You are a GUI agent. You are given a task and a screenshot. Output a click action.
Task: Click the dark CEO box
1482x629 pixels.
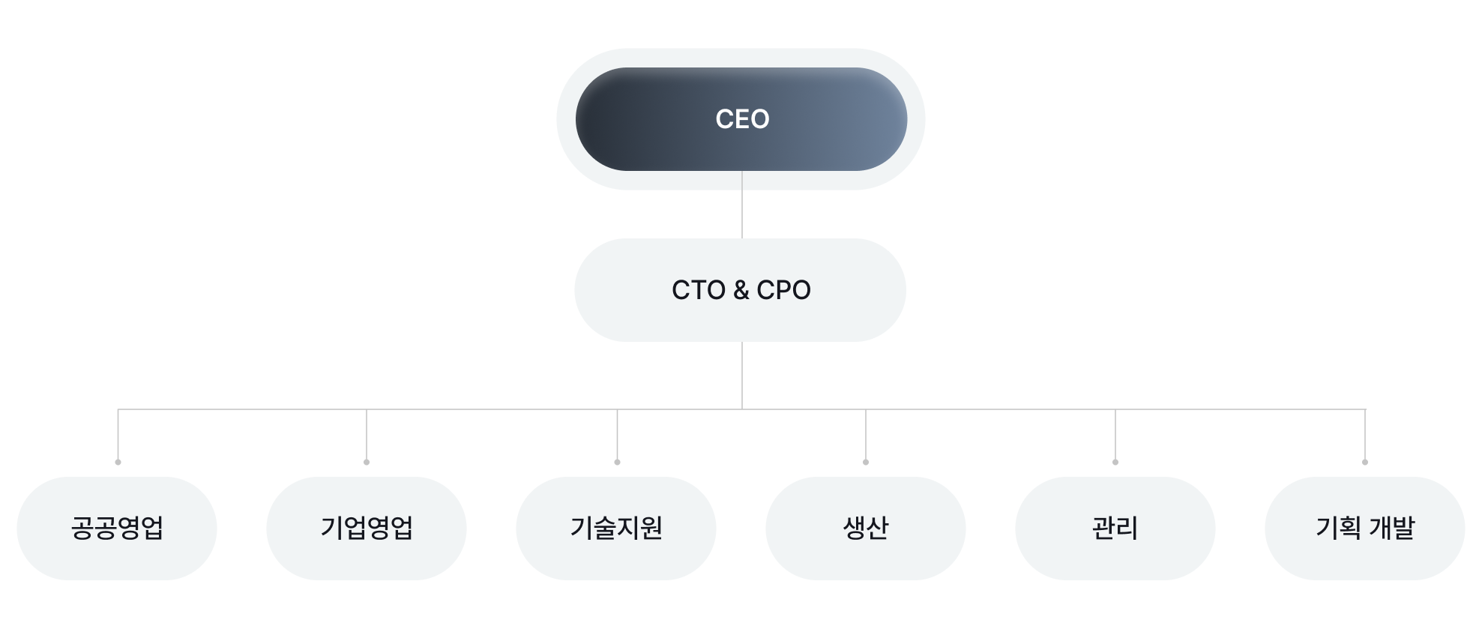point(741,119)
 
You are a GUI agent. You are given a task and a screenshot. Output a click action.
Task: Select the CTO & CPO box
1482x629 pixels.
point(741,290)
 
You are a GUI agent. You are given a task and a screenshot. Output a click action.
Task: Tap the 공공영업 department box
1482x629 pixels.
point(117,529)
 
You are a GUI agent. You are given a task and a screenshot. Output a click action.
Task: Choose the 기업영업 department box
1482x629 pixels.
point(367,529)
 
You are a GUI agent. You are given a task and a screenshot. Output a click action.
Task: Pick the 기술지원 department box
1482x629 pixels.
point(616,529)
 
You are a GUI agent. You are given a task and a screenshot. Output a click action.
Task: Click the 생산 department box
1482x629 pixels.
point(866,529)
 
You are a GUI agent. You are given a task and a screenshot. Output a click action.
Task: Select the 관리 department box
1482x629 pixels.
point(1115,529)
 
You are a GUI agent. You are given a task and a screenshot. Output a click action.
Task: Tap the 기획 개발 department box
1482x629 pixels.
point(1365,529)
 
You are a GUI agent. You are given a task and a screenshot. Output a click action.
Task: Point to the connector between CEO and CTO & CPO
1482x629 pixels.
point(742,205)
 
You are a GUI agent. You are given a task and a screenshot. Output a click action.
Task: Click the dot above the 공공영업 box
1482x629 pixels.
point(118,462)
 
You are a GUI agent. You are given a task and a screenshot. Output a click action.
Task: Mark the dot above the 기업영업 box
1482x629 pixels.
point(367,462)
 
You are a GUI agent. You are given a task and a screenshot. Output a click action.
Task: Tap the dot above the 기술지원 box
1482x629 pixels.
point(617,462)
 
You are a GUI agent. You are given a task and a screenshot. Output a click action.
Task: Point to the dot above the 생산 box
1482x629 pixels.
point(866,462)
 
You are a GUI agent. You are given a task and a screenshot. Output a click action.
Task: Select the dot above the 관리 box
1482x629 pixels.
point(1115,462)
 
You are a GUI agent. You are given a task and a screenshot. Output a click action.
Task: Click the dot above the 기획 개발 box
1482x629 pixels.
point(1365,462)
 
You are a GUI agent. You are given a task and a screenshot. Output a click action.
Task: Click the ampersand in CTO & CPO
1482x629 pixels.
point(741,290)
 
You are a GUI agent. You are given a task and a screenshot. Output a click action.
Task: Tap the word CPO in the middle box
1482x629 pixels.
point(783,290)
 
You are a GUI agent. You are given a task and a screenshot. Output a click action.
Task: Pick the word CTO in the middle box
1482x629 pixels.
point(699,290)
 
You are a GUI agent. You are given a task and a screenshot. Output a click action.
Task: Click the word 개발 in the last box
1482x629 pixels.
point(1392,528)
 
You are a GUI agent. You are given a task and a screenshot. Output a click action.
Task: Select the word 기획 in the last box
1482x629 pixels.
point(1338,528)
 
